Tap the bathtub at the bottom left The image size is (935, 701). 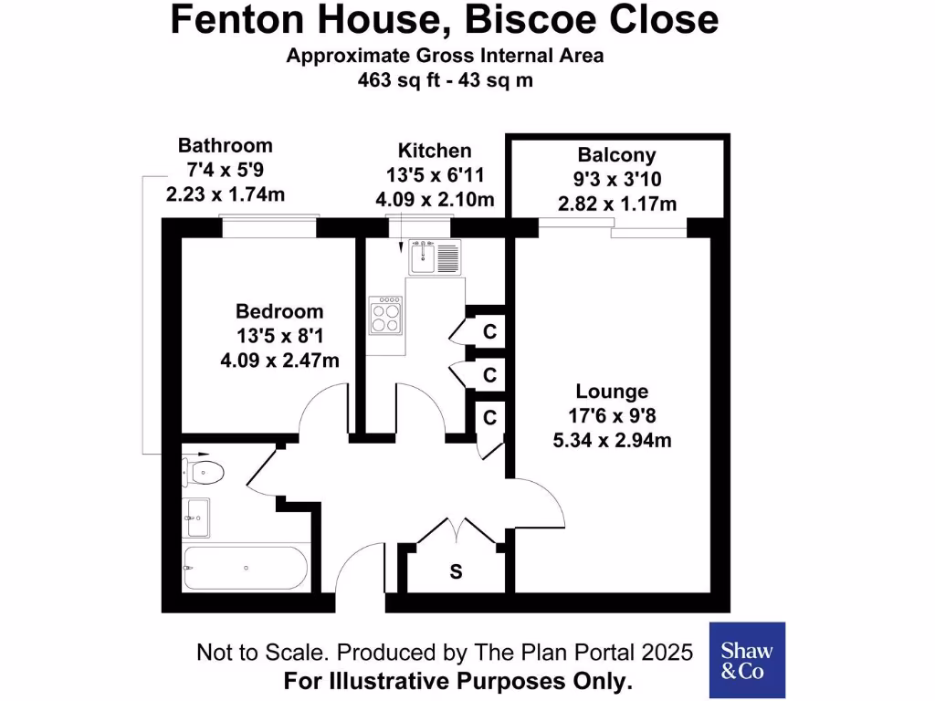point(245,568)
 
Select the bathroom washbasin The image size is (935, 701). point(198,518)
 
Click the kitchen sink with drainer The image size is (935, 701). point(436,256)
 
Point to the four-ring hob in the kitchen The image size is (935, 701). point(386,316)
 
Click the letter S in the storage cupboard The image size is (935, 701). point(456,572)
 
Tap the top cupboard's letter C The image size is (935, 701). point(489,332)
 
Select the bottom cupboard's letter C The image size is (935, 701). point(489,417)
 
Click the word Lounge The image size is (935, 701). point(612,392)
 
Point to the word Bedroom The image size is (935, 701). point(279,311)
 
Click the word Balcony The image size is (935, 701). point(616,155)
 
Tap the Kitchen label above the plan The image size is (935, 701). point(435,151)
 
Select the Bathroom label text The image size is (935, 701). point(225,145)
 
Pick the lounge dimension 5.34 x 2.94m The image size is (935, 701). point(612,441)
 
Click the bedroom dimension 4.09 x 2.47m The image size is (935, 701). point(279,361)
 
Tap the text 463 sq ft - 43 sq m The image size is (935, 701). point(445,80)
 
